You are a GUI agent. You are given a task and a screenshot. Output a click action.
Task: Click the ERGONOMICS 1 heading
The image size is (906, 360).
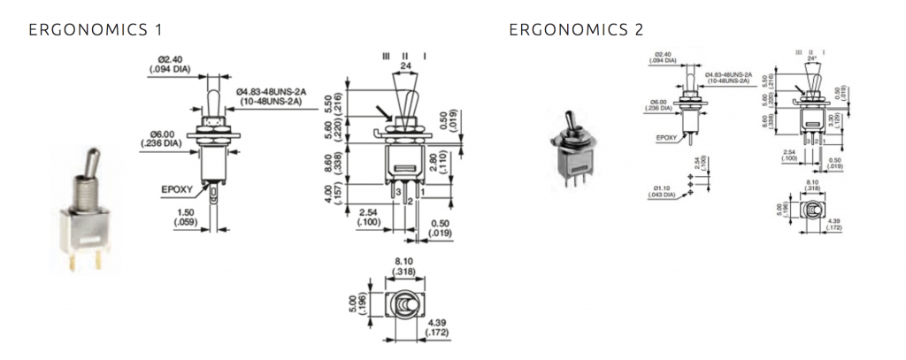coord(96,30)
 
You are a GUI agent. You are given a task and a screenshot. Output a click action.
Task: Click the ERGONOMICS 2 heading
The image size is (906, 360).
coord(576,30)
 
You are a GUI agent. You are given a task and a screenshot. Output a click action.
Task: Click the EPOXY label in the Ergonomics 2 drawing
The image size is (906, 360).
coord(667,138)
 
